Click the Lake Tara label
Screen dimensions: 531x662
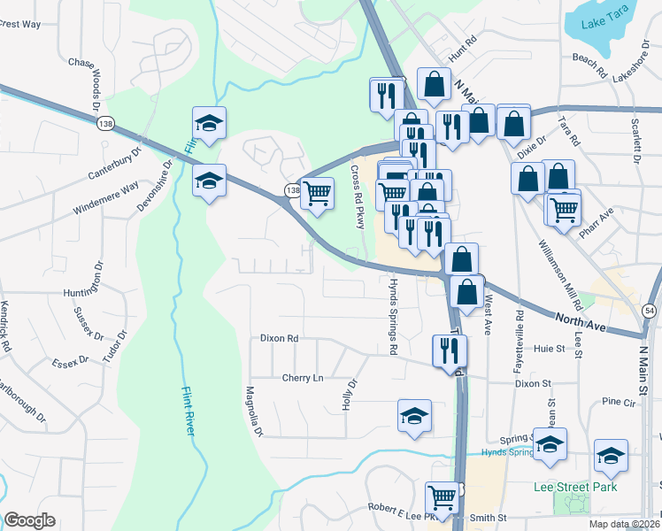click(x=604, y=24)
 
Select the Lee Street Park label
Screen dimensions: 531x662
click(x=575, y=487)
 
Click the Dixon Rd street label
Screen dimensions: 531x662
click(x=280, y=338)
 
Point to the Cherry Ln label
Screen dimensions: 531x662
click(x=303, y=378)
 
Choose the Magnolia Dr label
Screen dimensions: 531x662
click(x=255, y=412)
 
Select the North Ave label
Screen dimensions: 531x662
click(x=581, y=321)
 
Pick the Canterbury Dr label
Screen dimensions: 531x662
click(x=115, y=163)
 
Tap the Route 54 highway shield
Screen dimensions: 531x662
click(x=650, y=311)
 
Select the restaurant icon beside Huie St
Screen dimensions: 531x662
click(x=450, y=350)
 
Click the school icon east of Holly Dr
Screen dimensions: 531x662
click(x=413, y=416)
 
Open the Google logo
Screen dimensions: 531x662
click(x=29, y=520)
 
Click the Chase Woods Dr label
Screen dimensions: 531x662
click(x=95, y=86)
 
